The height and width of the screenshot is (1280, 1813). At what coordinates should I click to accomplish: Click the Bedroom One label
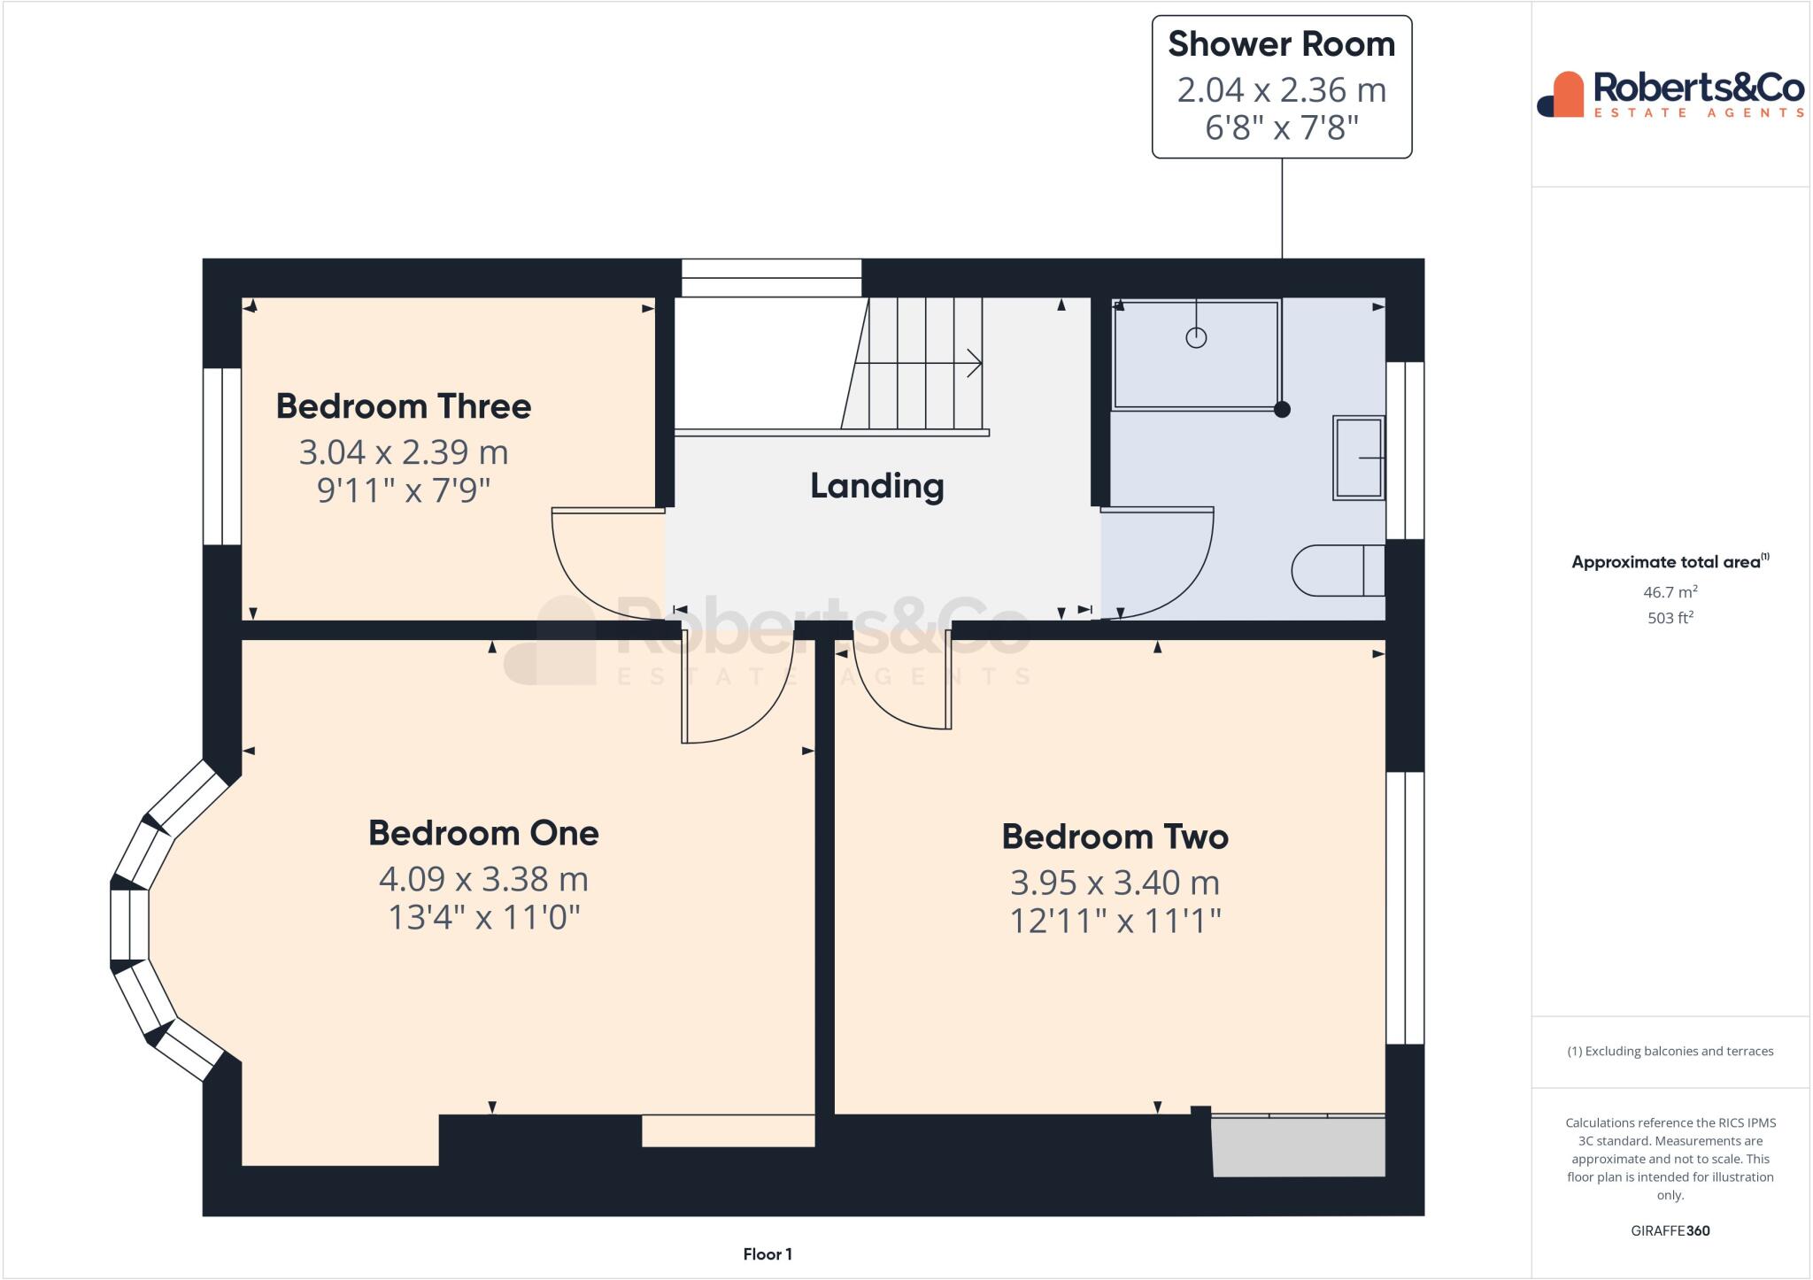point(483,833)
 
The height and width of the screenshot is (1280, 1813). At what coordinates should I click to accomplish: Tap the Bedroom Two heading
point(1115,837)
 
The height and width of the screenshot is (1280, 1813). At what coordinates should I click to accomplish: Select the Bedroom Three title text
point(404,406)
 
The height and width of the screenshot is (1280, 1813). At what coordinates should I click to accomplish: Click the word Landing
point(876,486)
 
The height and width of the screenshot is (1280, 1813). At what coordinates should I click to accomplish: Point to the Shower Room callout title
point(1281,44)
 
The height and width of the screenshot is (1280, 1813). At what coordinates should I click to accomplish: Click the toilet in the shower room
point(1336,571)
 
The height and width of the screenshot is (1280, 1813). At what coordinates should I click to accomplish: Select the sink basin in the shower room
point(1358,459)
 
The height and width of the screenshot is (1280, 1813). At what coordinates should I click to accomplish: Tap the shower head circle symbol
point(1196,337)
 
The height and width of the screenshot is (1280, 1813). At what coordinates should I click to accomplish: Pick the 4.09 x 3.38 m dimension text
point(483,879)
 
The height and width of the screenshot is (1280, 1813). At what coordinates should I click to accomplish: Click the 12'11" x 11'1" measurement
point(1115,921)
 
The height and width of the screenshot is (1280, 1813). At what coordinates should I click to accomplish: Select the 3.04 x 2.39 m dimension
point(404,452)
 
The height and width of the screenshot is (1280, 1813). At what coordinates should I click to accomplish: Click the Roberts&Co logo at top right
point(1670,94)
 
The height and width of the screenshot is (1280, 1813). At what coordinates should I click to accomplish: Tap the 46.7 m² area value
point(1670,592)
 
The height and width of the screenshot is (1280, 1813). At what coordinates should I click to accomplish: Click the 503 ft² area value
point(1670,618)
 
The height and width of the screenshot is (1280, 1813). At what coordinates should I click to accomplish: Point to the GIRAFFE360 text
point(1670,1230)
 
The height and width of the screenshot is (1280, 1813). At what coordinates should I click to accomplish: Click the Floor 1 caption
point(768,1254)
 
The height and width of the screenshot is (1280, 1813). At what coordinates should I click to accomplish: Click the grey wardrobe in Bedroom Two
point(1298,1147)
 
